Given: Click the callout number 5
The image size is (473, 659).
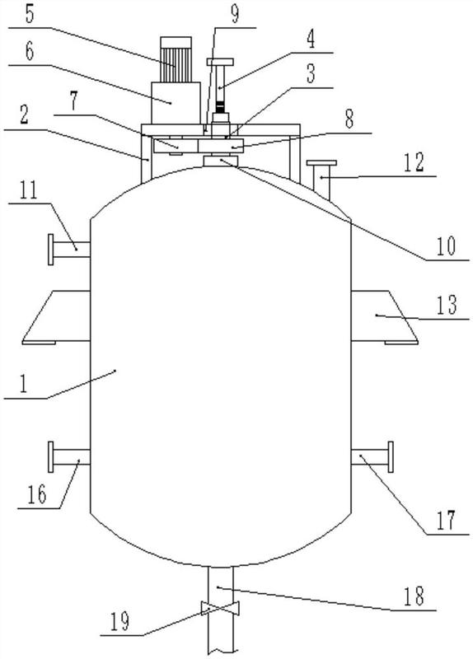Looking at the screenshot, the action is pyautogui.click(x=30, y=15).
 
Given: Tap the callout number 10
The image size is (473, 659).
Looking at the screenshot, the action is pyautogui.click(x=446, y=245).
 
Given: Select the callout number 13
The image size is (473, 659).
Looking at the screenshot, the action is pyautogui.click(x=447, y=306).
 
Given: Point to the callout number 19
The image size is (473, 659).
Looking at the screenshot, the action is pyautogui.click(x=120, y=622).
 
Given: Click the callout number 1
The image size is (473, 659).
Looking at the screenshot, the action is pyautogui.click(x=24, y=384).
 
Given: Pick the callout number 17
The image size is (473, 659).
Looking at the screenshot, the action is pyautogui.click(x=446, y=521).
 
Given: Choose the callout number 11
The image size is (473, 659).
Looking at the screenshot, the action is pyautogui.click(x=28, y=190).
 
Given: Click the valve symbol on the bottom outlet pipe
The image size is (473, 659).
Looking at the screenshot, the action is pyautogui.click(x=220, y=608).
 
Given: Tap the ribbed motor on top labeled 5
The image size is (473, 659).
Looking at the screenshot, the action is pyautogui.click(x=176, y=59).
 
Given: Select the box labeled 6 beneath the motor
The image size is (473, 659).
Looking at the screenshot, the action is pyautogui.click(x=176, y=104).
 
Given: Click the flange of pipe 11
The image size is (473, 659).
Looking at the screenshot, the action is pyautogui.click(x=51, y=250).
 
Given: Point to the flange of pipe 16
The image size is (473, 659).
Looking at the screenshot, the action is pyautogui.click(x=51, y=457).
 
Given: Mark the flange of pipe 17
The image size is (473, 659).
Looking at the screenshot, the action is pyautogui.click(x=391, y=457).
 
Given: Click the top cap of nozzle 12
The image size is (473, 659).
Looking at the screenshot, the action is pyautogui.click(x=321, y=162).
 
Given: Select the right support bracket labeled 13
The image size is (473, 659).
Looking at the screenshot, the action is pyautogui.click(x=384, y=317).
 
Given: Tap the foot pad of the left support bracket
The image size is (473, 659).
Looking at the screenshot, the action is pyautogui.click(x=39, y=343).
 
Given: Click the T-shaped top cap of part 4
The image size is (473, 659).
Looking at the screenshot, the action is pyautogui.click(x=220, y=62).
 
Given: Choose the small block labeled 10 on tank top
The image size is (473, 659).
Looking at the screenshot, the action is pyautogui.click(x=220, y=161).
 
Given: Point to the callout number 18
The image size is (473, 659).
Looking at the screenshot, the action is pyautogui.click(x=414, y=596).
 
